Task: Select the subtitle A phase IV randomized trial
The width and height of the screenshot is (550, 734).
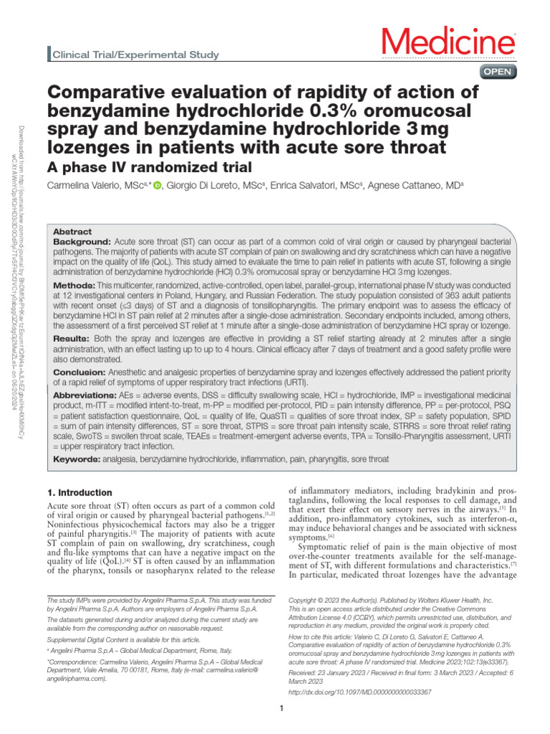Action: pos(149,167)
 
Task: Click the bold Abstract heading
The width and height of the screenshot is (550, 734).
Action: pos(72,232)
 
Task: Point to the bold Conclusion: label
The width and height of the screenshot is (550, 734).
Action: pos(80,371)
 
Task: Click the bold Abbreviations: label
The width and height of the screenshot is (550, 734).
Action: pos(88,396)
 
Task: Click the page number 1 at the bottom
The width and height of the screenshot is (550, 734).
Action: pos(282,709)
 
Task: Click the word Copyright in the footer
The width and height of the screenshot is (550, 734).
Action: pos(304,599)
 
